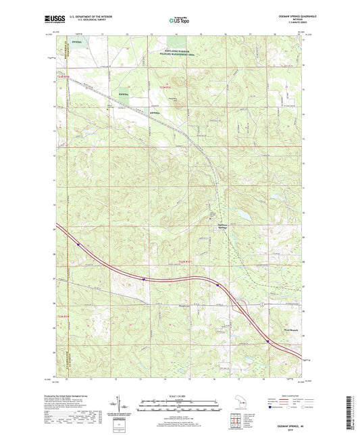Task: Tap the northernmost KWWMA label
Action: click(x=77, y=40)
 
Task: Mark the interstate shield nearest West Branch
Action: click(x=268, y=341)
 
